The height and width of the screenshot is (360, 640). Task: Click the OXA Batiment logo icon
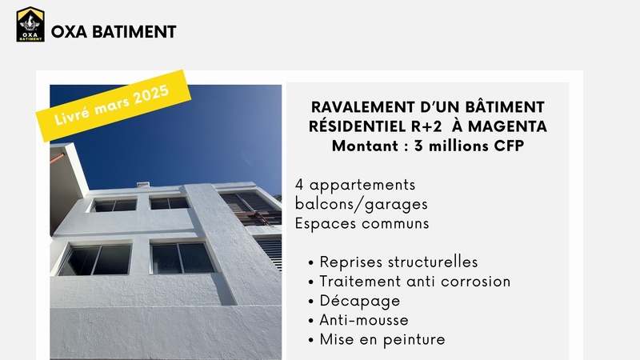point(30,24)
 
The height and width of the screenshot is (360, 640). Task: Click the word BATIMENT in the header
point(134,32)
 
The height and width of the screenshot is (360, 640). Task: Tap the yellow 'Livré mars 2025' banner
point(114,106)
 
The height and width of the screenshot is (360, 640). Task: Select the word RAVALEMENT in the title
point(362,107)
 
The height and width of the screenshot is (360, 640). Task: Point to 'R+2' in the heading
point(426,126)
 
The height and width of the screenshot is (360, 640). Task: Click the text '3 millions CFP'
point(469,146)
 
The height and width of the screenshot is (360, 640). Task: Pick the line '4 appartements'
point(355,186)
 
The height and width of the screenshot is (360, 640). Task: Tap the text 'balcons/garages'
point(362,205)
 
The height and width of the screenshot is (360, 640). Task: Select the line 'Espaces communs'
point(362,224)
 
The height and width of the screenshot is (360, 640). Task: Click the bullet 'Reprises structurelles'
point(398,262)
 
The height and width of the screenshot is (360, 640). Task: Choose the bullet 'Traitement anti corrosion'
point(415,282)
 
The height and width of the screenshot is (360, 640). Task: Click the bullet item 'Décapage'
point(359,302)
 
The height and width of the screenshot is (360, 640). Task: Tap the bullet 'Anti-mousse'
point(364,320)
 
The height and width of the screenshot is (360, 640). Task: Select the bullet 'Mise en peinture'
point(382,339)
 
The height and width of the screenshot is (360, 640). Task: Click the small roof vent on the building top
point(143,185)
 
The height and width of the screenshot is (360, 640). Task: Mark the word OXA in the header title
point(69,32)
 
